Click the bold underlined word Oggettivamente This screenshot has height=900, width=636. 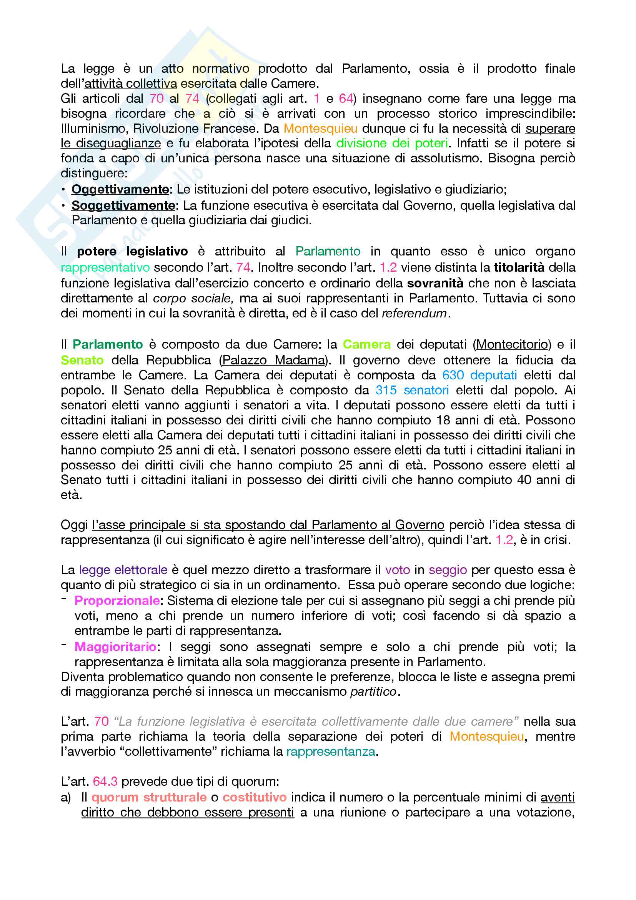pos(120,189)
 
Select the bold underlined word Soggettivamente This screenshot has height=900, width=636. pos(123,205)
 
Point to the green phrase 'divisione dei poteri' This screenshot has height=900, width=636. pos(391,144)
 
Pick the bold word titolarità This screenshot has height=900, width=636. pos(519,267)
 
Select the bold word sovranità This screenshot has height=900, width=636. pos(435,283)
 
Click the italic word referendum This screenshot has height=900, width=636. pos(414,313)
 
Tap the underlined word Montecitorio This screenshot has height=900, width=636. pos(512,344)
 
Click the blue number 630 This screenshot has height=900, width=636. pos(453,375)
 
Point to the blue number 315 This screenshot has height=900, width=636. pos(386,390)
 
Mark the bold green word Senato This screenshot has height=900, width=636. pos(82,360)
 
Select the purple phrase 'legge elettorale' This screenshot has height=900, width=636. pos(123,569)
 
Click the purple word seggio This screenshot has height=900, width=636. pos(448,569)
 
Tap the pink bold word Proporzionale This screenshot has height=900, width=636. pos(117,601)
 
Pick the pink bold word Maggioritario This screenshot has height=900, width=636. pos(115,646)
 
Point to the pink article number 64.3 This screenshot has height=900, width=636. pos(105,781)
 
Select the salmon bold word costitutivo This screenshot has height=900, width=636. pos(255,797)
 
